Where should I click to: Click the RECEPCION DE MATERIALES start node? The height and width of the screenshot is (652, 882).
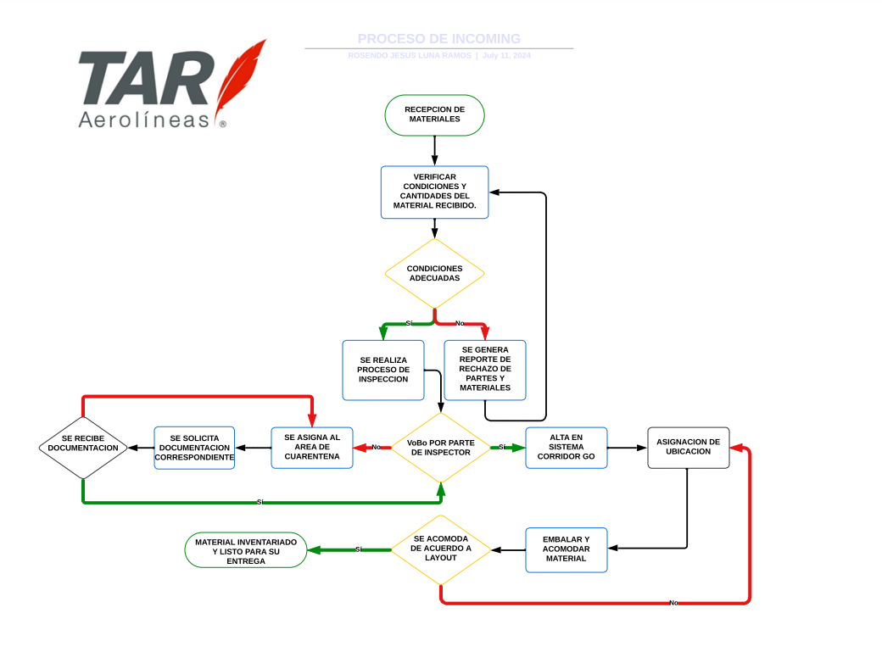[x=434, y=114]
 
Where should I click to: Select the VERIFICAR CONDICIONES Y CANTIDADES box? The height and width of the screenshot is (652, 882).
[x=434, y=192]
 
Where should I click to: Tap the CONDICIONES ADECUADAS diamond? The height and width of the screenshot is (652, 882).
[x=434, y=273]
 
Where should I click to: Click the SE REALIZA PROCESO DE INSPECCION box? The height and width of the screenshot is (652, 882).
[x=382, y=370]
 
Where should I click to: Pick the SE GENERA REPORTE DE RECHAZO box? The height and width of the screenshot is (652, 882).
[x=485, y=369]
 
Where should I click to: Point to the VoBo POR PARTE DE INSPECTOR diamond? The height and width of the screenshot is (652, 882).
[x=440, y=447]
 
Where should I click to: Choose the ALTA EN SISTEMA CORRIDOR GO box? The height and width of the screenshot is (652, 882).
[x=566, y=447]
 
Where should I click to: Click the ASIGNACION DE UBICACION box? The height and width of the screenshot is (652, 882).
[x=688, y=447]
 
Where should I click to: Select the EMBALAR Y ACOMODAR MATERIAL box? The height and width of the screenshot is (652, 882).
[x=566, y=549]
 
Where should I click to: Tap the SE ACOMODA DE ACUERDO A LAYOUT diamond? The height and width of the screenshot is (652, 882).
[x=440, y=549]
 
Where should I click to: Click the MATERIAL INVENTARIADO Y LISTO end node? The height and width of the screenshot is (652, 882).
[x=245, y=550]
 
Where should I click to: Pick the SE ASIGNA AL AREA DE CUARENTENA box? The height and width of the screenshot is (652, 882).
[x=311, y=447]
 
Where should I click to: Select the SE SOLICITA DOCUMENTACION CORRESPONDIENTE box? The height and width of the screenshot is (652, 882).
[x=194, y=447]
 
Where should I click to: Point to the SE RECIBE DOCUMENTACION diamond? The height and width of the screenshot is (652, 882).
[x=83, y=447]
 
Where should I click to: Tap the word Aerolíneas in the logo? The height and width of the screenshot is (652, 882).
[x=143, y=120]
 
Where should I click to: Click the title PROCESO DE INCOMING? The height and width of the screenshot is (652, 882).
[x=438, y=39]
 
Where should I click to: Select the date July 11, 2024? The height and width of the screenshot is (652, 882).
[x=506, y=56]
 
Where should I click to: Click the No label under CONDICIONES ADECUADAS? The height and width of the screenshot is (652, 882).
[x=460, y=323]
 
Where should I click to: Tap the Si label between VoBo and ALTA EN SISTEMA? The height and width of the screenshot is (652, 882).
[x=502, y=447]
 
